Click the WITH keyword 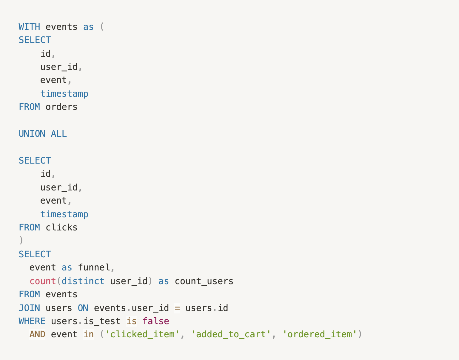coord(29,27)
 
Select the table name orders coord(61,107)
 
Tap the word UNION coord(32,134)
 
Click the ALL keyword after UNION coord(59,134)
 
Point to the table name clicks coord(61,227)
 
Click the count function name coord(43,281)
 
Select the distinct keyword coord(83,281)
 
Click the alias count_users coord(204,281)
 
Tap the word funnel coord(94,267)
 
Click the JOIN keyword coord(29,308)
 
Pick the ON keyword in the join coord(83,308)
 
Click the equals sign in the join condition coord(177,308)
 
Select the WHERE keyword coord(32,321)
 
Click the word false coord(156,321)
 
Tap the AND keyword coord(37,334)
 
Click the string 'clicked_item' coord(142,334)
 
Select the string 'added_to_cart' coord(231,334)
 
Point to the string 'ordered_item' coord(320,334)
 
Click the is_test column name coord(102,321)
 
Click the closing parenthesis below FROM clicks coord(21,241)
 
